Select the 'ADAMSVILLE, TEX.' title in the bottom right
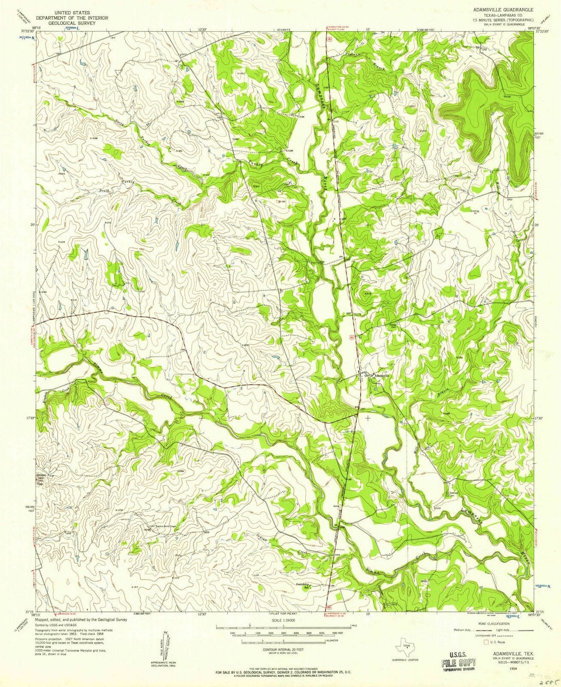[x=509, y=653]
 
